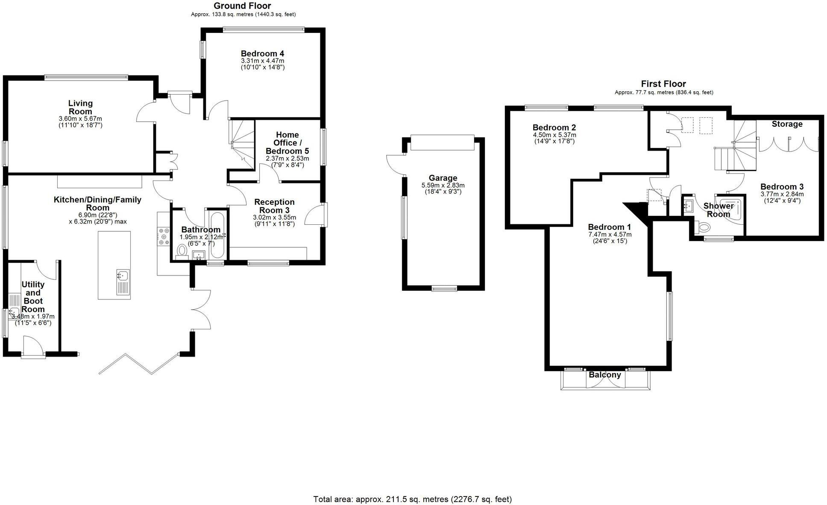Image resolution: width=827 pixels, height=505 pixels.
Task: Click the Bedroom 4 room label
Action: pos(262,54)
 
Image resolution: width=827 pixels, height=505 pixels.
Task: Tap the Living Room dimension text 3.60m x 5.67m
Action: pos(80,119)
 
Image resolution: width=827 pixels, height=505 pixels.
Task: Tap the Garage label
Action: pos(443,178)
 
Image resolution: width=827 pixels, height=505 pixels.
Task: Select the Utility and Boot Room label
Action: pos(33,297)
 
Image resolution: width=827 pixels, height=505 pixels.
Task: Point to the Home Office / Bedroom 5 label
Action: pos(287,143)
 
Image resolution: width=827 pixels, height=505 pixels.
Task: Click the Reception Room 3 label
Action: pos(274,206)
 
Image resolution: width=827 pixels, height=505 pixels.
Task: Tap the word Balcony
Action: pos(605,375)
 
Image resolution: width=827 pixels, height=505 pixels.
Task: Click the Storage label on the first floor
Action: pos(787,124)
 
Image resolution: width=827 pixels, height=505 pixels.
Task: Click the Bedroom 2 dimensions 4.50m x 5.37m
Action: pos(554,135)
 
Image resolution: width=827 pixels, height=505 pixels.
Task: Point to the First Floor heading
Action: pos(663,84)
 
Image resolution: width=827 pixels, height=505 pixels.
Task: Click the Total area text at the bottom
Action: pos(412,499)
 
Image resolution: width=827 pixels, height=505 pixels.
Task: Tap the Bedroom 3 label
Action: pos(782,187)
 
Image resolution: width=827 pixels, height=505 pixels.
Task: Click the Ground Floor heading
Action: pos(242,6)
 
